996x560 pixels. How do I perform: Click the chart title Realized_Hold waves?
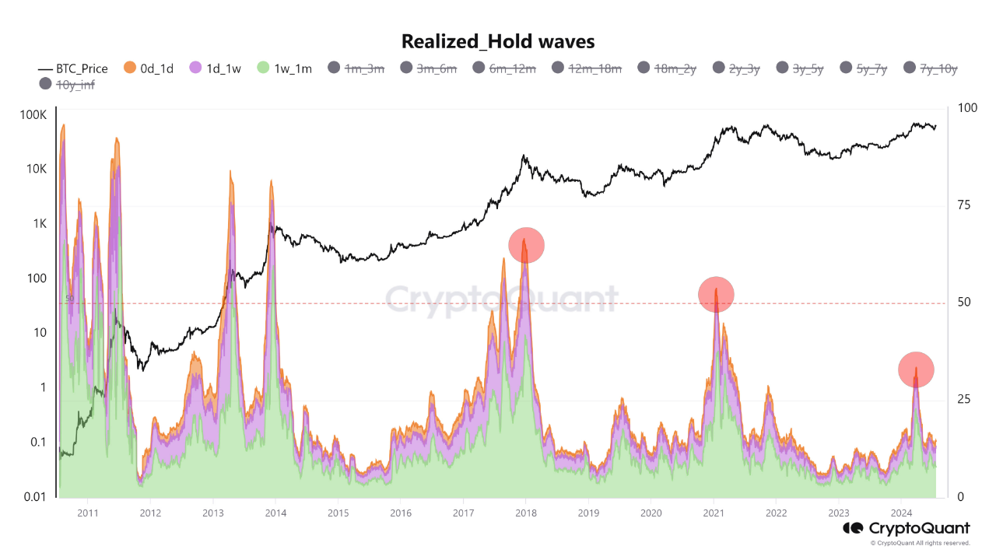click(x=498, y=40)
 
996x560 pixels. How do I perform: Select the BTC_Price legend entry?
click(x=73, y=68)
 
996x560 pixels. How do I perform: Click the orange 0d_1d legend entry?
click(x=150, y=68)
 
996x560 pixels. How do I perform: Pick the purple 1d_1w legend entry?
click(x=216, y=68)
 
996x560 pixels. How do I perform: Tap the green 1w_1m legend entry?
click(x=285, y=68)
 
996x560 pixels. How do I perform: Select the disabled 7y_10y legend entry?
click(x=931, y=68)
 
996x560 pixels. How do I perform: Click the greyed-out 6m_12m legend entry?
click(x=503, y=68)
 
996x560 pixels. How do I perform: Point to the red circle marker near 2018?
click(x=526, y=245)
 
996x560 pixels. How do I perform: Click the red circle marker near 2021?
click(x=716, y=294)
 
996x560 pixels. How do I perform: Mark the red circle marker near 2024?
click(x=916, y=369)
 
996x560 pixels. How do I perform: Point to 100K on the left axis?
click(x=33, y=115)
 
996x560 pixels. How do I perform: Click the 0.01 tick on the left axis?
click(x=33, y=497)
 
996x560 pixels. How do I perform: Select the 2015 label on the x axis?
click(x=338, y=513)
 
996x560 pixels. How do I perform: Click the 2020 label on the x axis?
click(x=651, y=513)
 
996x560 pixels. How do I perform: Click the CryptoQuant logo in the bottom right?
click(x=907, y=529)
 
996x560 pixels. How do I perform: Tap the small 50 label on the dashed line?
click(x=69, y=299)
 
